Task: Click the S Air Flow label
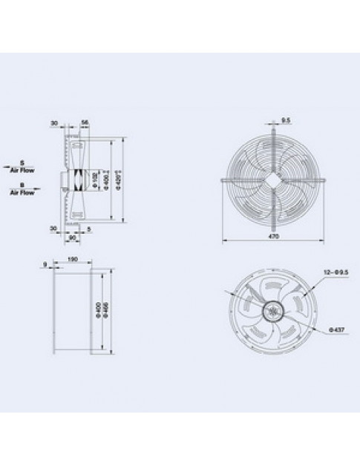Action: [22, 168]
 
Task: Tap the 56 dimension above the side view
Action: [85, 122]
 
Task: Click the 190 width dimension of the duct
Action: [73, 260]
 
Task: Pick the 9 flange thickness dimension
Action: [45, 263]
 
